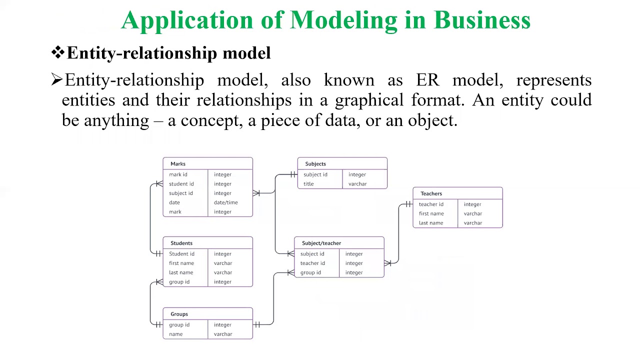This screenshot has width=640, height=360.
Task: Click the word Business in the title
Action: [482, 20]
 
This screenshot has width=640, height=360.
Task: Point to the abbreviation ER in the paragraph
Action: [427, 80]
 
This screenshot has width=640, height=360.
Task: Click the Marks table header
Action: [178, 163]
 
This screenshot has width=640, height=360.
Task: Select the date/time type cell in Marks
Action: [225, 202]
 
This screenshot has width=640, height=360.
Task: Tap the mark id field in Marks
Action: [178, 174]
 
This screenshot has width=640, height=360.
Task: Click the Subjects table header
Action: [315, 163]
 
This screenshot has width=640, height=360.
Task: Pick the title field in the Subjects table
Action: [308, 184]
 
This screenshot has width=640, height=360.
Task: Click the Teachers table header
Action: [431, 193]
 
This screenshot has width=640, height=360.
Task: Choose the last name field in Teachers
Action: [431, 223]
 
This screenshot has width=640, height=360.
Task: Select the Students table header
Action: [181, 243]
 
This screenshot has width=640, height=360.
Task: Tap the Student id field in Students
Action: [181, 254]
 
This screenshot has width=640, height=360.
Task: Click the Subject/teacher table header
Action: [321, 243]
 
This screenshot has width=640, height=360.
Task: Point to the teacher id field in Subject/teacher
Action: [312, 263]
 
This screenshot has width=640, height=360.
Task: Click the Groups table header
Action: [179, 314]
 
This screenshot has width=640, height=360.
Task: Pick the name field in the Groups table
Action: [176, 334]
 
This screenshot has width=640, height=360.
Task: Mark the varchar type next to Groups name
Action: [223, 334]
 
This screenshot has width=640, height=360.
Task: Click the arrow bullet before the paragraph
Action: [56, 79]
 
